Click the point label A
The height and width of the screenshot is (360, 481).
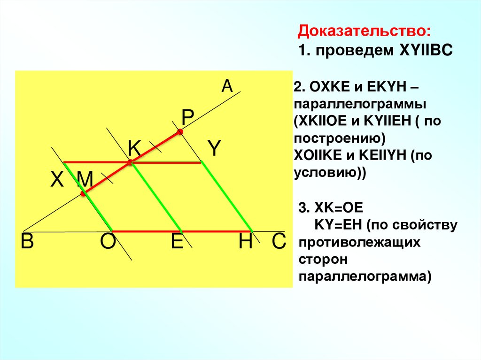pyautogui.click(x=227, y=86)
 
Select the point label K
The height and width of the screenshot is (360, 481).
pyautogui.click(x=134, y=149)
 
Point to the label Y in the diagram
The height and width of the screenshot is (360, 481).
pyautogui.click(x=214, y=149)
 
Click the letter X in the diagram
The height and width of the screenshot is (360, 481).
pyautogui.click(x=57, y=179)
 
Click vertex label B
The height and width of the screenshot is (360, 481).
pyautogui.click(x=27, y=242)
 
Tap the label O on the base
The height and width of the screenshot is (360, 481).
pyautogui.click(x=107, y=242)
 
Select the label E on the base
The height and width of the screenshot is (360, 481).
pyautogui.click(x=177, y=242)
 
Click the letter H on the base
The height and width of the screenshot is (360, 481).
pyautogui.click(x=246, y=242)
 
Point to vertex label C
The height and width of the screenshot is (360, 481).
pyautogui.click(x=279, y=242)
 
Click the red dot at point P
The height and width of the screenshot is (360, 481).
pyautogui.click(x=180, y=132)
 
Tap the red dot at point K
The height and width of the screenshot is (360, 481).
pyautogui.click(x=130, y=162)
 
